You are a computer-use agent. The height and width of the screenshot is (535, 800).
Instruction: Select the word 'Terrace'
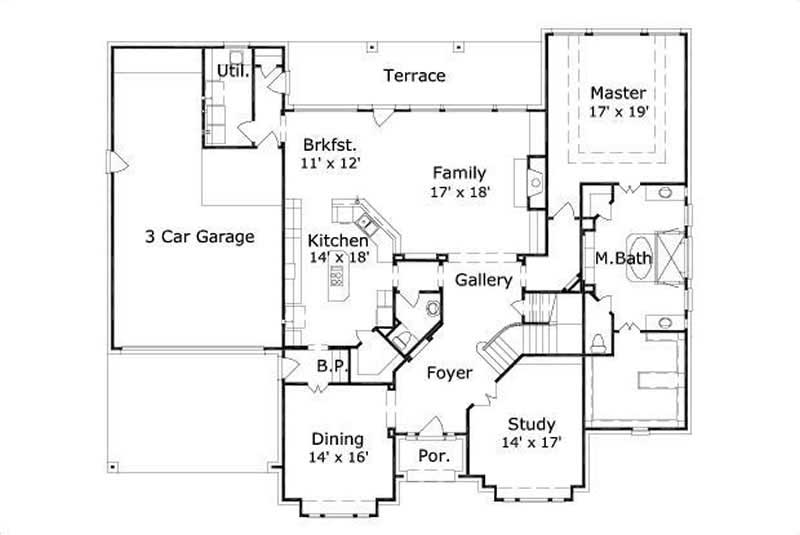[414, 76]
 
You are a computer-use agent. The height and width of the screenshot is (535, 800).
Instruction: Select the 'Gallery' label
[484, 281]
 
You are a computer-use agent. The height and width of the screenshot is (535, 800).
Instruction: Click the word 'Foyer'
[449, 373]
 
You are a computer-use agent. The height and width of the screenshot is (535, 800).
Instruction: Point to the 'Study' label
[531, 423]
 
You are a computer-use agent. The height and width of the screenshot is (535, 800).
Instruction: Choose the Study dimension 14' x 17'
[531, 441]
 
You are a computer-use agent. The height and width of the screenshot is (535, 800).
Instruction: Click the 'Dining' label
[337, 439]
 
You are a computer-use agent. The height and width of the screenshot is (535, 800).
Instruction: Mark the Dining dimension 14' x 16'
[339, 457]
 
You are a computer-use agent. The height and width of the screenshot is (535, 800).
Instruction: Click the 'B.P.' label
[331, 367]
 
